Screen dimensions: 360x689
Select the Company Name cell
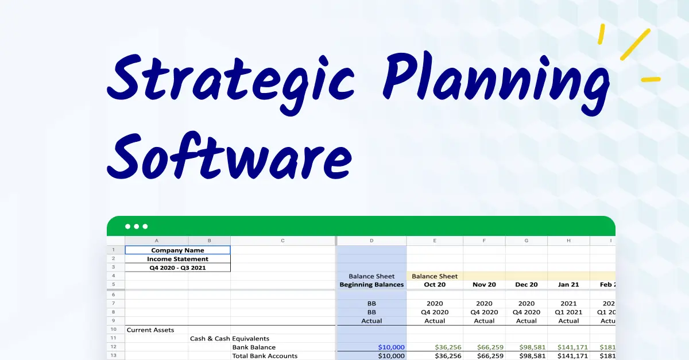177,250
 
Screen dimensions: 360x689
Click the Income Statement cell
177,259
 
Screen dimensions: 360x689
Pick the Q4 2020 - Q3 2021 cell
177,268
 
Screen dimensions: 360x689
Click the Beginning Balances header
371,285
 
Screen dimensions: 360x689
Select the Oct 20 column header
435,285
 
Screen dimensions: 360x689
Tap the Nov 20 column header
484,285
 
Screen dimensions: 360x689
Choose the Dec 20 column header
527,285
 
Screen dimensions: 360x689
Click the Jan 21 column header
568,285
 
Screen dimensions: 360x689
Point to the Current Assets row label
150,330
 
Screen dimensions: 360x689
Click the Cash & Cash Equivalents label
230,339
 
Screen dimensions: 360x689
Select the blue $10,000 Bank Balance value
391,347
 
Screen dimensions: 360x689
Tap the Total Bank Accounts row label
265,356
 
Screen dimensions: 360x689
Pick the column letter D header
371,241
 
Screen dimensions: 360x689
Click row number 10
114,330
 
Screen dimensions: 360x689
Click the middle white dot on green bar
136,226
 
